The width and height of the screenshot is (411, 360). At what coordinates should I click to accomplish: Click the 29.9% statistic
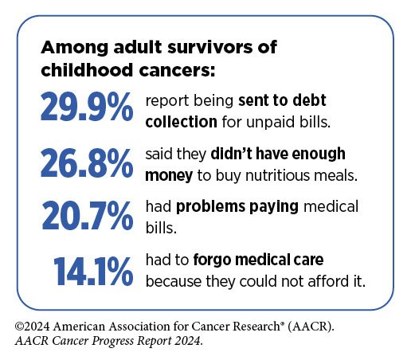[87, 107]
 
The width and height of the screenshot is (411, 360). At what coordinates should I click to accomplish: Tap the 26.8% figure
[87, 162]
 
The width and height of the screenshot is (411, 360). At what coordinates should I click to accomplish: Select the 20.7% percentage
[88, 215]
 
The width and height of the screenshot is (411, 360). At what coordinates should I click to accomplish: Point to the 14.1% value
[93, 271]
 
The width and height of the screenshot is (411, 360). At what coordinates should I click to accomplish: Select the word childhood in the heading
[87, 70]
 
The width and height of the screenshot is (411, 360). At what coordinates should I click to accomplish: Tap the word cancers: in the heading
[177, 71]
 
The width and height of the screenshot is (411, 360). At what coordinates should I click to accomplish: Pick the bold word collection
[182, 122]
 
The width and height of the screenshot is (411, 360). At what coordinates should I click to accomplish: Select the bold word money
[169, 176]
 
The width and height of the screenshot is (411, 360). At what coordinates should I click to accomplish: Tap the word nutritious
[277, 175]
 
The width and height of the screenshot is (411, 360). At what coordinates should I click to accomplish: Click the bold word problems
[210, 207]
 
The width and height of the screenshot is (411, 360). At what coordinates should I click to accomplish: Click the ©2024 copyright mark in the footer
[32, 327]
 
